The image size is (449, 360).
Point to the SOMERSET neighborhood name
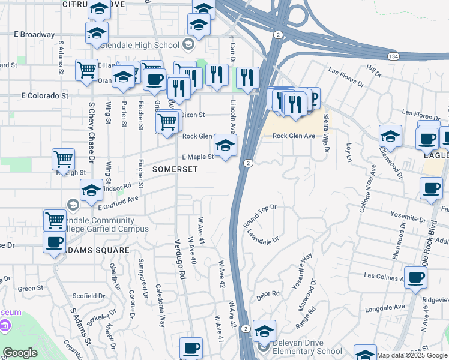pyautogui.click(x=175, y=170)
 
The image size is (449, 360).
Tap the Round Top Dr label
pyautogui.click(x=259, y=214)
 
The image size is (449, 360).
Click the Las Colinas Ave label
pyautogui.click(x=387, y=275)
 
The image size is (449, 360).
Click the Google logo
pyautogui.click(x=20, y=353)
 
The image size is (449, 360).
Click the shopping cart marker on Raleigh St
pyautogui.click(x=63, y=160)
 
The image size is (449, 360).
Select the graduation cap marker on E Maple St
pyautogui.click(x=226, y=145)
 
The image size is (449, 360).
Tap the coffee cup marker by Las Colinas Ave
pyautogui.click(x=415, y=278)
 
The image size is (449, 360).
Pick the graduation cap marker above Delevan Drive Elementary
pyautogui.click(x=264, y=331)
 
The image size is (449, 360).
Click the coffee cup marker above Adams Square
pyautogui.click(x=55, y=243)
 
